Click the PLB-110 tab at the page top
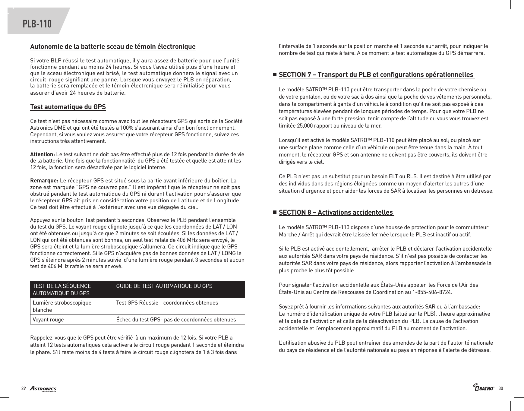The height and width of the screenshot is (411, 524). click(37, 24)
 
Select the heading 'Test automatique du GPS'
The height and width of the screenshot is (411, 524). click(68, 107)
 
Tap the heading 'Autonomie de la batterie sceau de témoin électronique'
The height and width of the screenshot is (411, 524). click(113, 47)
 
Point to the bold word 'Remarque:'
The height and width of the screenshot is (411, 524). click(44, 181)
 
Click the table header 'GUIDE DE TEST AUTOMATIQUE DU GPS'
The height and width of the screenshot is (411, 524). click(164, 286)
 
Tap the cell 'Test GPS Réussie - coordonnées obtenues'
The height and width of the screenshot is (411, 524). click(167, 302)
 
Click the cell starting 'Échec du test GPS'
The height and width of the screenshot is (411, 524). click(176, 320)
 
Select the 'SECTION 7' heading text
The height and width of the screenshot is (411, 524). click(376, 74)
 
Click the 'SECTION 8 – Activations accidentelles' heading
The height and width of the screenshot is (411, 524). click(336, 212)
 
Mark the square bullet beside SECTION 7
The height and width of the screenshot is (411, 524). click(274, 74)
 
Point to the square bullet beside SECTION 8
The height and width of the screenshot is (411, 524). click(274, 212)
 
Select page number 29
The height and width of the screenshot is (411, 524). click(23, 388)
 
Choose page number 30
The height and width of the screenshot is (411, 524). click(501, 388)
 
